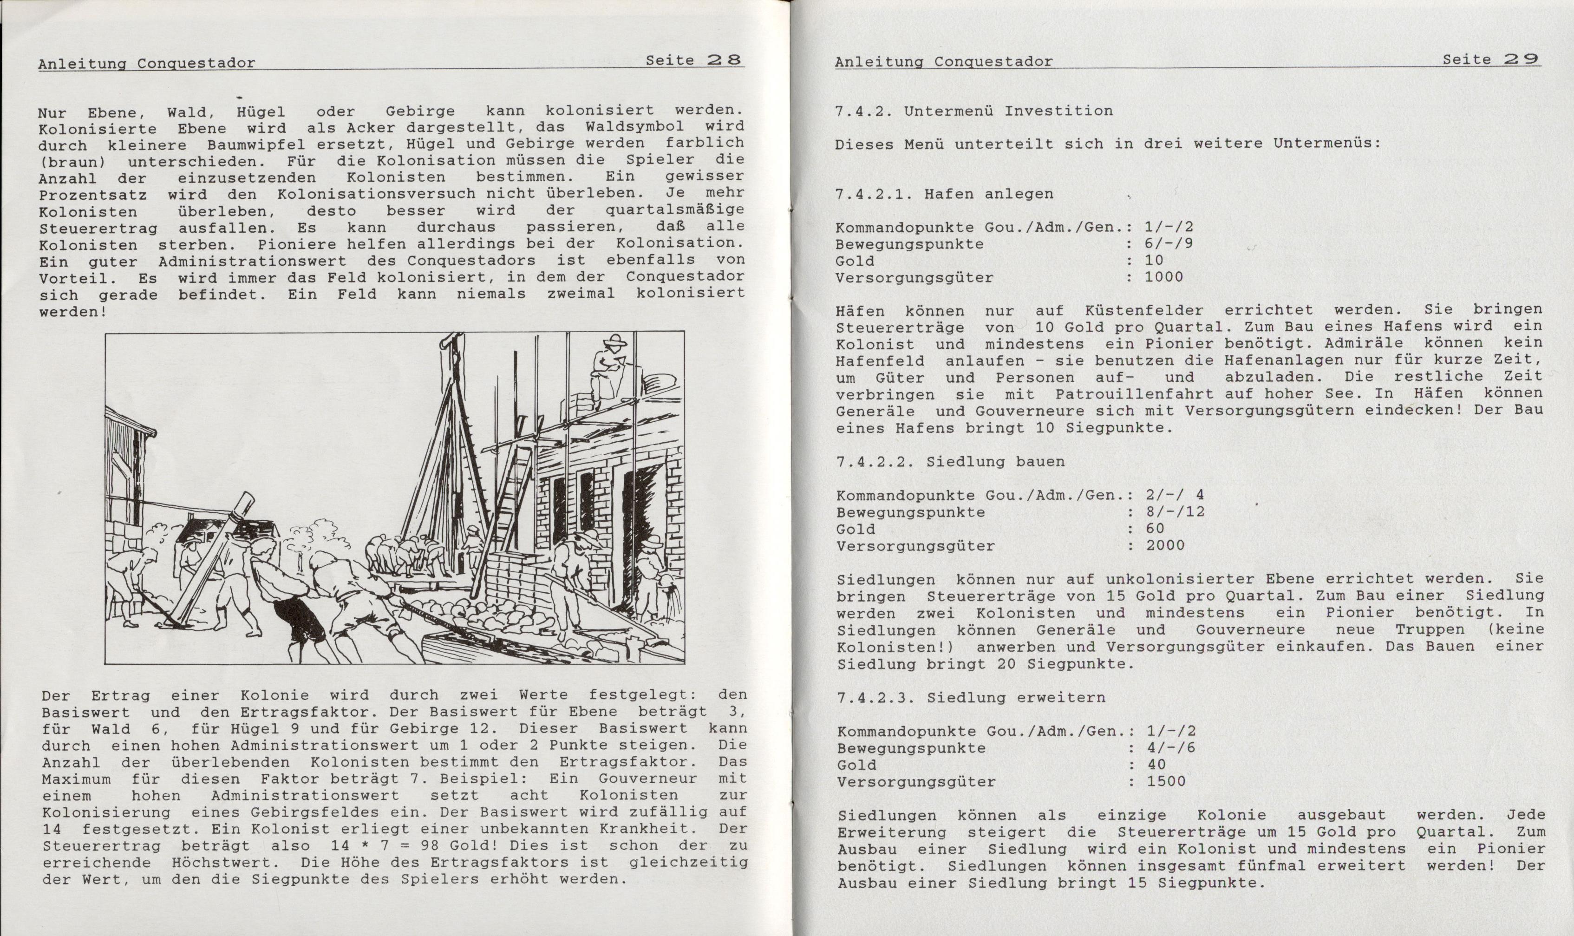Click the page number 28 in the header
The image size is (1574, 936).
point(725,60)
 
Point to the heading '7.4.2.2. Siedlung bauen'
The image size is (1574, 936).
point(950,462)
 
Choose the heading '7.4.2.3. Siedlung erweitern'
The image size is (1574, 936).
point(971,698)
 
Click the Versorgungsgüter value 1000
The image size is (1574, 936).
point(1163,277)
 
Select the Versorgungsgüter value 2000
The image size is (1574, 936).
point(1165,546)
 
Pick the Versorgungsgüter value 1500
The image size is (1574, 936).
point(1167,781)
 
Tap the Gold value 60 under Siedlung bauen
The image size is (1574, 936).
point(1155,529)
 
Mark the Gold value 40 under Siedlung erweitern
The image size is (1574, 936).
point(1156,765)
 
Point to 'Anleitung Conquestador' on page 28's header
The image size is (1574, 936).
point(146,63)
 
